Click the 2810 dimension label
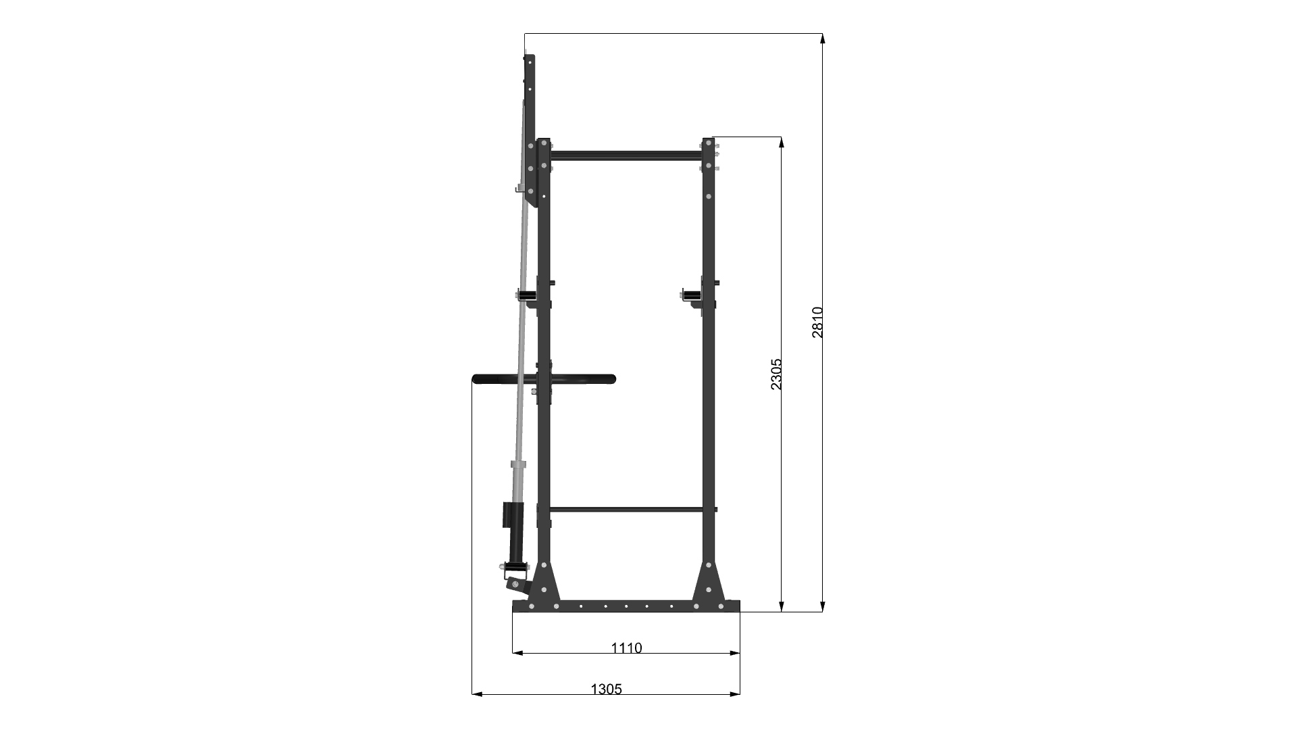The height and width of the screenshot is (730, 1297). tap(817, 322)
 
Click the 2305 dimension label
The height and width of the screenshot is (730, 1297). tap(776, 374)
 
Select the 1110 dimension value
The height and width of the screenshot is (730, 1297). tap(626, 648)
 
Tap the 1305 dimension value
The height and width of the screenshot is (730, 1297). tap(606, 689)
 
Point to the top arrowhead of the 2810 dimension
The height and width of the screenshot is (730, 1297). tap(822, 38)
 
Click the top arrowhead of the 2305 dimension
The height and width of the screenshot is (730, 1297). tap(781, 142)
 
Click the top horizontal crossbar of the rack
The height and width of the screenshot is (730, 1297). tap(626, 155)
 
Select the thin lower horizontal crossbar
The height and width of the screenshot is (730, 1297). tap(626, 509)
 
